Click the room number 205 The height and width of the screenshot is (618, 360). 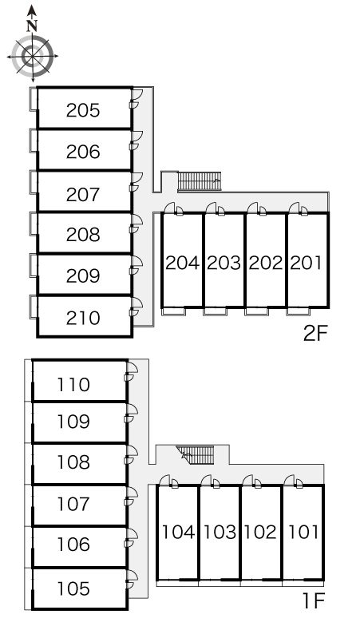point(83,110)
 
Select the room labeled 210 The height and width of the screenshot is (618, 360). point(83,318)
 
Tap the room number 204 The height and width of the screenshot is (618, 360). point(182,263)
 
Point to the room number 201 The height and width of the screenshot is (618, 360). point(306,263)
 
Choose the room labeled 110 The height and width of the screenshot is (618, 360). point(73,385)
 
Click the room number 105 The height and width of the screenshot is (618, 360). point(73,588)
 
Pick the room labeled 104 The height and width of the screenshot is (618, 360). point(179,532)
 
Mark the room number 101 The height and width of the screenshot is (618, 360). point(303,532)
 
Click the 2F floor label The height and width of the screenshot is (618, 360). point(315,334)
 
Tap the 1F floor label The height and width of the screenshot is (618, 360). point(314,601)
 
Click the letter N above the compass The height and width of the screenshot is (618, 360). point(32,26)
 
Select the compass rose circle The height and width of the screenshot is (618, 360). point(32,56)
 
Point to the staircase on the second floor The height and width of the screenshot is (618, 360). point(199,181)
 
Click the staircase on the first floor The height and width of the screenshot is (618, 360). point(197,455)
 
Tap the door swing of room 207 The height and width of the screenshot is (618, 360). point(136,183)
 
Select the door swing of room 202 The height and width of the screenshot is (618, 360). point(256,208)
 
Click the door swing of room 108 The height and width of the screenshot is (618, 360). point(131,456)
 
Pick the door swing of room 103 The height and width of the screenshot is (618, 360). point(210,481)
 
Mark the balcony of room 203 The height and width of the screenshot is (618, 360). point(216,311)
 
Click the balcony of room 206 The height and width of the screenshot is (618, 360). point(34,141)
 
